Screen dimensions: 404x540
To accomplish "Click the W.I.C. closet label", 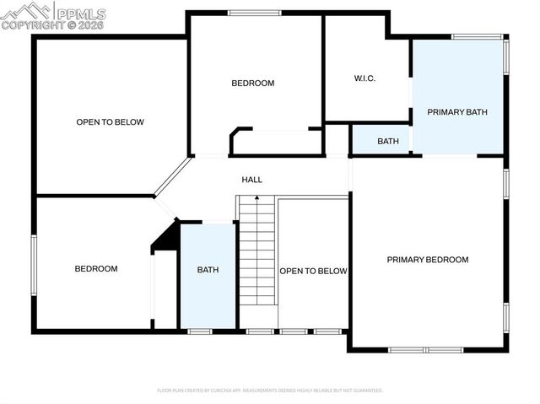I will [364, 78].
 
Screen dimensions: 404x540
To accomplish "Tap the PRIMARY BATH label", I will [457, 112].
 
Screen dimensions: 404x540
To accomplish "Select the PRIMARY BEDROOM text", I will [427, 260].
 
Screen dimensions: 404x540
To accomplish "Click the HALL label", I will [251, 180].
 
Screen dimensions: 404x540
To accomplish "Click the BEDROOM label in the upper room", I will [253, 83].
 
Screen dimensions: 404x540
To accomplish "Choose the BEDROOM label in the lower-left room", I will [96, 269].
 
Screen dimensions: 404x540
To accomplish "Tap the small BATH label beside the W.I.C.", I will [388, 141].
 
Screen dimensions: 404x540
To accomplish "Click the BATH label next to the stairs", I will [208, 270].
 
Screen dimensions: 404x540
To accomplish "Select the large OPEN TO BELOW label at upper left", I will [110, 122].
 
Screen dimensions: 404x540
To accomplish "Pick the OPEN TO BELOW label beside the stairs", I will [313, 271].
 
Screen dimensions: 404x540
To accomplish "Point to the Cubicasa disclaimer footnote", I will [270, 391].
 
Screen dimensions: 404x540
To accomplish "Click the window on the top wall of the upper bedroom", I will [254, 12].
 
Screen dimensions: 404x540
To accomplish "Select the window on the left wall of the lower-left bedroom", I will [34, 265].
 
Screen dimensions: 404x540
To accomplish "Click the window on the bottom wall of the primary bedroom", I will [426, 349].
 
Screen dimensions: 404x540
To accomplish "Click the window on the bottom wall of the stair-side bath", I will [200, 331].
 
